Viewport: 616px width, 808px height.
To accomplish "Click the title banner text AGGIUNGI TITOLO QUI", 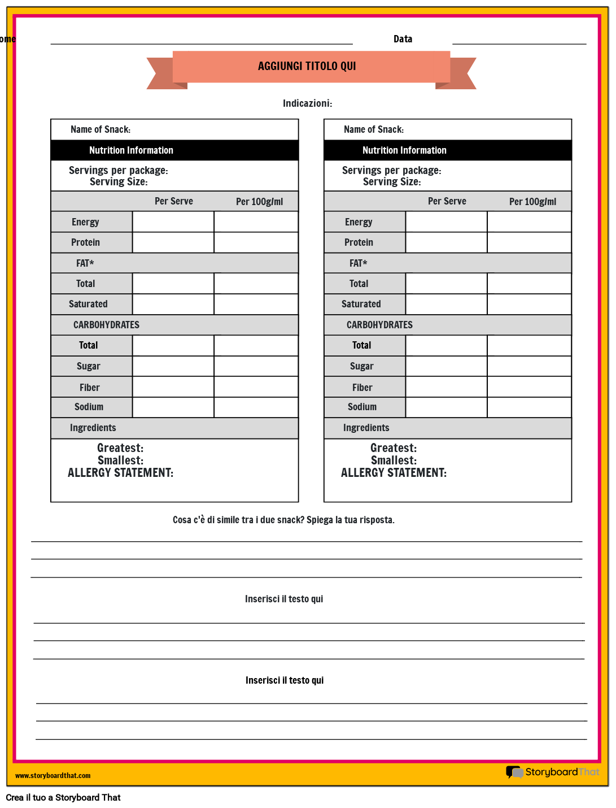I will click(307, 66).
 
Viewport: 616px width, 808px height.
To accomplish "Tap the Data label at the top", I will click(403, 39).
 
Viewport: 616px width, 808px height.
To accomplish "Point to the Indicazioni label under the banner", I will click(307, 103).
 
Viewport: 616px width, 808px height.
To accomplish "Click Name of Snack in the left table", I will click(101, 129).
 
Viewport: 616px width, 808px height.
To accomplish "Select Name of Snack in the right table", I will click(374, 129).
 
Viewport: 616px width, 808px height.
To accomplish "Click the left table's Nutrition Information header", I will click(131, 150).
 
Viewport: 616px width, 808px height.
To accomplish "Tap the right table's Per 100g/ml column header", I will click(532, 202).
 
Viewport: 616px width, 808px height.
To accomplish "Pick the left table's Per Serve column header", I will click(174, 201).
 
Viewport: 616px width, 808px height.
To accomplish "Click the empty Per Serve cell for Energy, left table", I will click(173, 222).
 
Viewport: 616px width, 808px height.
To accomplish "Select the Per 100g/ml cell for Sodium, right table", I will click(529, 407).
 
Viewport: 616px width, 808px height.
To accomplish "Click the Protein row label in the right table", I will click(359, 242).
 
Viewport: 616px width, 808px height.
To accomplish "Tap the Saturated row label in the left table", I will click(88, 304).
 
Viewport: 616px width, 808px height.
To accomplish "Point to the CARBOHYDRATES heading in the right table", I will click(379, 325).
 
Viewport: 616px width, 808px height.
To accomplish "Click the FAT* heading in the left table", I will click(85, 263).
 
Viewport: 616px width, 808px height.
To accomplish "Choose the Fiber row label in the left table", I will click(89, 388).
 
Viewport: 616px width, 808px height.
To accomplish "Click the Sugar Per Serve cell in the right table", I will click(446, 366).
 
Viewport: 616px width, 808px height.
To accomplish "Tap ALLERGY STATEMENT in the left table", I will click(120, 473).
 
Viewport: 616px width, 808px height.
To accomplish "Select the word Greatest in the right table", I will click(394, 448).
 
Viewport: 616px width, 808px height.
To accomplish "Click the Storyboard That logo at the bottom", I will click(553, 772).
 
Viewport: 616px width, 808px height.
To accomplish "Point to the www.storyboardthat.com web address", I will click(53, 776).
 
